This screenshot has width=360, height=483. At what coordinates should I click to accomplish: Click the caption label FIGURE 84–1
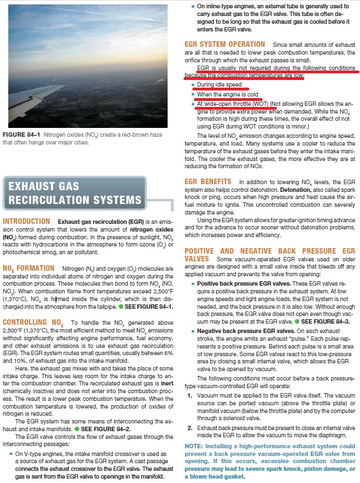21,135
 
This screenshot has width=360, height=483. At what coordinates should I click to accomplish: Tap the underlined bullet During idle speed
219,85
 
